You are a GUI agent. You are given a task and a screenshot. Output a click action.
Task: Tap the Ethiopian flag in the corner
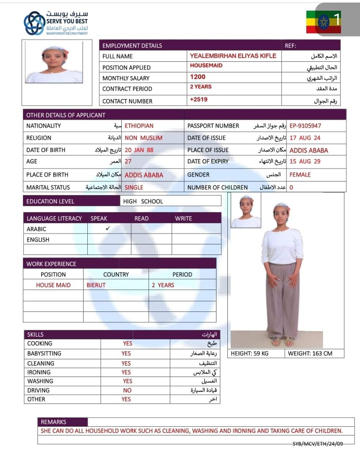(318, 22)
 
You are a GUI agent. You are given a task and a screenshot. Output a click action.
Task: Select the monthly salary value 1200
(198, 77)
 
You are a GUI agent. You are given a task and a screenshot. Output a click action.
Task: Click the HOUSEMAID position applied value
(206, 65)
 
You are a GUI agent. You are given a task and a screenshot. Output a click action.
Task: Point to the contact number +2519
(198, 99)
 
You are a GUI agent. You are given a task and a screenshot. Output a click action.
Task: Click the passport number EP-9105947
(305, 126)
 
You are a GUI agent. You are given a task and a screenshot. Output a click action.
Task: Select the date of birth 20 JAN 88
(139, 150)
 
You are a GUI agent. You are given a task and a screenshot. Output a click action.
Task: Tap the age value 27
(128, 161)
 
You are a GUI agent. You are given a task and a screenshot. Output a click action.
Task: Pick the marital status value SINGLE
(134, 187)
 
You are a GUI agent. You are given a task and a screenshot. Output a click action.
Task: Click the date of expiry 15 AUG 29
(305, 161)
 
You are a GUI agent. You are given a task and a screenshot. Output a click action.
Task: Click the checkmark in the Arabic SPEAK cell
(108, 229)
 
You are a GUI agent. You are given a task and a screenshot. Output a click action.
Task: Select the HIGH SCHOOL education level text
(143, 201)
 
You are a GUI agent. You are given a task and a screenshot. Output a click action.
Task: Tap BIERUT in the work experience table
(96, 285)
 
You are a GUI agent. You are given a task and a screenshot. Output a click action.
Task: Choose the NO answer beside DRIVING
(127, 390)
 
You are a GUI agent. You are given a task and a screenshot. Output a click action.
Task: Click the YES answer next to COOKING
(127, 343)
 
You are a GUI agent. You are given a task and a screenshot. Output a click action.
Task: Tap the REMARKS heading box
(54, 422)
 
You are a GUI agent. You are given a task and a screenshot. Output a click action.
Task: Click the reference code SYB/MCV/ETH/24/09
(318, 444)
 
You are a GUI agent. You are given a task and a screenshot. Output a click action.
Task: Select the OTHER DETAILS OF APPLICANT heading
(66, 115)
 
